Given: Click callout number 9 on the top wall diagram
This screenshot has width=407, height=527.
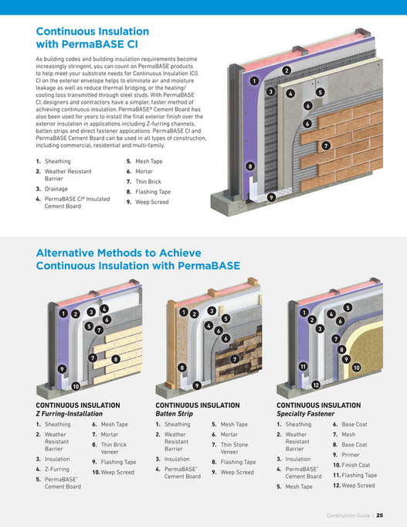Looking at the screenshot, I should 272,197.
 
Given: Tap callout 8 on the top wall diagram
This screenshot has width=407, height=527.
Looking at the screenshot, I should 249,166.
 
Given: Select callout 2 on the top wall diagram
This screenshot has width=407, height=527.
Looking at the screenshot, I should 286,70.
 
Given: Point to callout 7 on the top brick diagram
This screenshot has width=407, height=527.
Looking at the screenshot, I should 326,145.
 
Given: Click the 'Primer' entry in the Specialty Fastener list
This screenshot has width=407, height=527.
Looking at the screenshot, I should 351,455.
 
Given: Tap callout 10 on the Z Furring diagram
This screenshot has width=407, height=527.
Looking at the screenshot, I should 76,385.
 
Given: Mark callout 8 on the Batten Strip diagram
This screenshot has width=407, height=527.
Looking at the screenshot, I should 181,368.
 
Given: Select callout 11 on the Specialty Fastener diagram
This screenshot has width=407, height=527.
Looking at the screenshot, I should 304,366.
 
